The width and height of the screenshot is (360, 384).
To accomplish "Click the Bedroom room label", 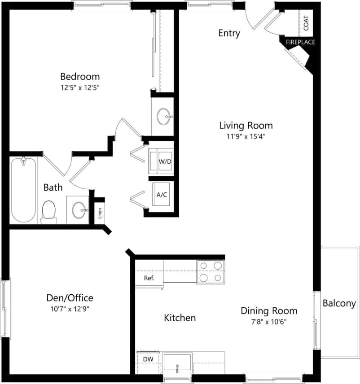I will point(80,76).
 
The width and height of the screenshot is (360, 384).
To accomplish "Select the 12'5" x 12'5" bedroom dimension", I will point(80,88).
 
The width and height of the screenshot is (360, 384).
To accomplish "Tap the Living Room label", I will point(246,126).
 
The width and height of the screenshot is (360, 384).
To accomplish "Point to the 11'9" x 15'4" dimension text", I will point(246,137).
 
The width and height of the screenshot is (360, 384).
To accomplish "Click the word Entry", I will point(229,33).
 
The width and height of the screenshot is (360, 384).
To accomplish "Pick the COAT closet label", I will point(306,23).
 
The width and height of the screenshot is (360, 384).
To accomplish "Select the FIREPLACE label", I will point(300,42).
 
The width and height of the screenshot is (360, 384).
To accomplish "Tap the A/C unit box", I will point(161,195).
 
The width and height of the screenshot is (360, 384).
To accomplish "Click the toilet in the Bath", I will point(48,211).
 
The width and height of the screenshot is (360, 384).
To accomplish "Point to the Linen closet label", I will point(99,214).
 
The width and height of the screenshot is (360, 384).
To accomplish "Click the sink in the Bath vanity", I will point(79,209).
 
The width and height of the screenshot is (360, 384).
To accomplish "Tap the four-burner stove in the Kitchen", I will point(211,272).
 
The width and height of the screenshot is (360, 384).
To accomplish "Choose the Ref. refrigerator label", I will point(149,278).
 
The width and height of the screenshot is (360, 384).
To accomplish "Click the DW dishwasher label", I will point(148,359).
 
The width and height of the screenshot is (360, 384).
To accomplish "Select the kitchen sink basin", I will point(177,362).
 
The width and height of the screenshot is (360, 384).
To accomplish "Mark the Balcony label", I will point(339,304).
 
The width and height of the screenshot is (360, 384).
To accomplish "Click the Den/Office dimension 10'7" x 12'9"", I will point(70,309).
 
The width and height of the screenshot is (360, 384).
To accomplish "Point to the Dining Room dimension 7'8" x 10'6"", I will point(269,322).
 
